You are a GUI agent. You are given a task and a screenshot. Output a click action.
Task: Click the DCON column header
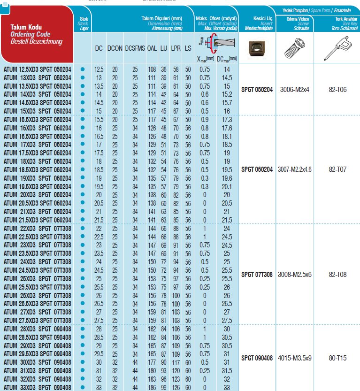tap(115, 48)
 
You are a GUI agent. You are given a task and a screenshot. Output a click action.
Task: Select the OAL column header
tap(152, 48)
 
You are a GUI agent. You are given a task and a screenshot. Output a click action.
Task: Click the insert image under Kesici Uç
tap(256, 48)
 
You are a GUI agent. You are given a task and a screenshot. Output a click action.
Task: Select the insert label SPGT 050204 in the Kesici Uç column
tap(256, 90)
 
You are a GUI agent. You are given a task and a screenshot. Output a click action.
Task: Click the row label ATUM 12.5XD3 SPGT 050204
tap(37, 69)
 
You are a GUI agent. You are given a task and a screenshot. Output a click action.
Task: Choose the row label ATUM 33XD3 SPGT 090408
tap(37, 387)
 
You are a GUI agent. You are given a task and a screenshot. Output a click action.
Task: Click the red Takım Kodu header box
tap(37, 35)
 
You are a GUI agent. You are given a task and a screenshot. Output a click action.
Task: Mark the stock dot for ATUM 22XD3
tap(83, 228)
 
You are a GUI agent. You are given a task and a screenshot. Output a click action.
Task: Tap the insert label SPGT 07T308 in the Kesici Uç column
tap(256, 274)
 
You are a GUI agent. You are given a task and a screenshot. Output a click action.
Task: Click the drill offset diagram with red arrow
tap(215, 45)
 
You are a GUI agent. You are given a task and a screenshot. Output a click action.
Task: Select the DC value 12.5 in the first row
tap(99, 69)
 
